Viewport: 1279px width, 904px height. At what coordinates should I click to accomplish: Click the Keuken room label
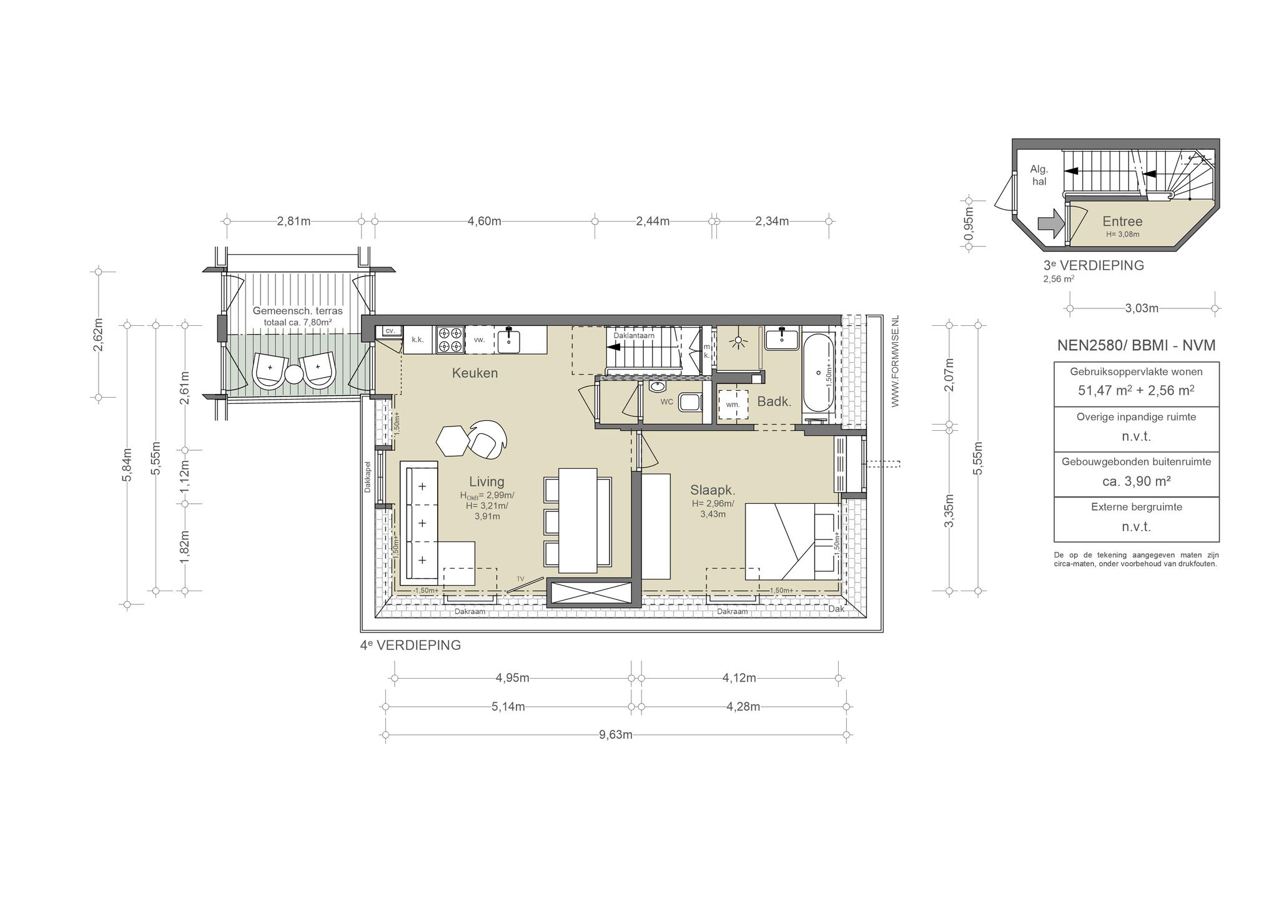475,373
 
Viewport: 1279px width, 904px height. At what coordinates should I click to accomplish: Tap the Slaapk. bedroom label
713,490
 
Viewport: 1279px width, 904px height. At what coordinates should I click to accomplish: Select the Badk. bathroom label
774,401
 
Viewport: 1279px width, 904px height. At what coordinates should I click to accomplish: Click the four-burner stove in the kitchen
450,340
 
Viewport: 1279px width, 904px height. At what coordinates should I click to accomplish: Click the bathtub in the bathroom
819,373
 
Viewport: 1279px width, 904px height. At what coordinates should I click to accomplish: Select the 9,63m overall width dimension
616,735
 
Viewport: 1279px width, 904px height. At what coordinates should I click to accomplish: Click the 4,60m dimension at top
485,221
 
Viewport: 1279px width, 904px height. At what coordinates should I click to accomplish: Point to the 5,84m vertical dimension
127,464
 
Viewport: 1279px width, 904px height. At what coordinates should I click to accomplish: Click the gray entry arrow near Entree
1050,223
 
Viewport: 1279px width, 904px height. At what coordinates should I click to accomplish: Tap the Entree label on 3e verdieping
1122,221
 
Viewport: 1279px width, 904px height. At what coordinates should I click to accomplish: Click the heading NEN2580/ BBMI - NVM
1136,345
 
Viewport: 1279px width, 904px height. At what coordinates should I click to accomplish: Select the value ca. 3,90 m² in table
1136,481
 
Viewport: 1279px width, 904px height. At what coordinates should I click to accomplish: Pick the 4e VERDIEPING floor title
410,645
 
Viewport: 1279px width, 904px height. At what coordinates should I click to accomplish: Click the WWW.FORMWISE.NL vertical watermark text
895,361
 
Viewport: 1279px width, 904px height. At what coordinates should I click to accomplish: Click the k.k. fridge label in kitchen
418,340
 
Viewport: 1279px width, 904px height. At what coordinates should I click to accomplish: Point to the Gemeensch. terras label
298,310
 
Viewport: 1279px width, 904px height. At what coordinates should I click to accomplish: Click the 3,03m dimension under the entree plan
1142,308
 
